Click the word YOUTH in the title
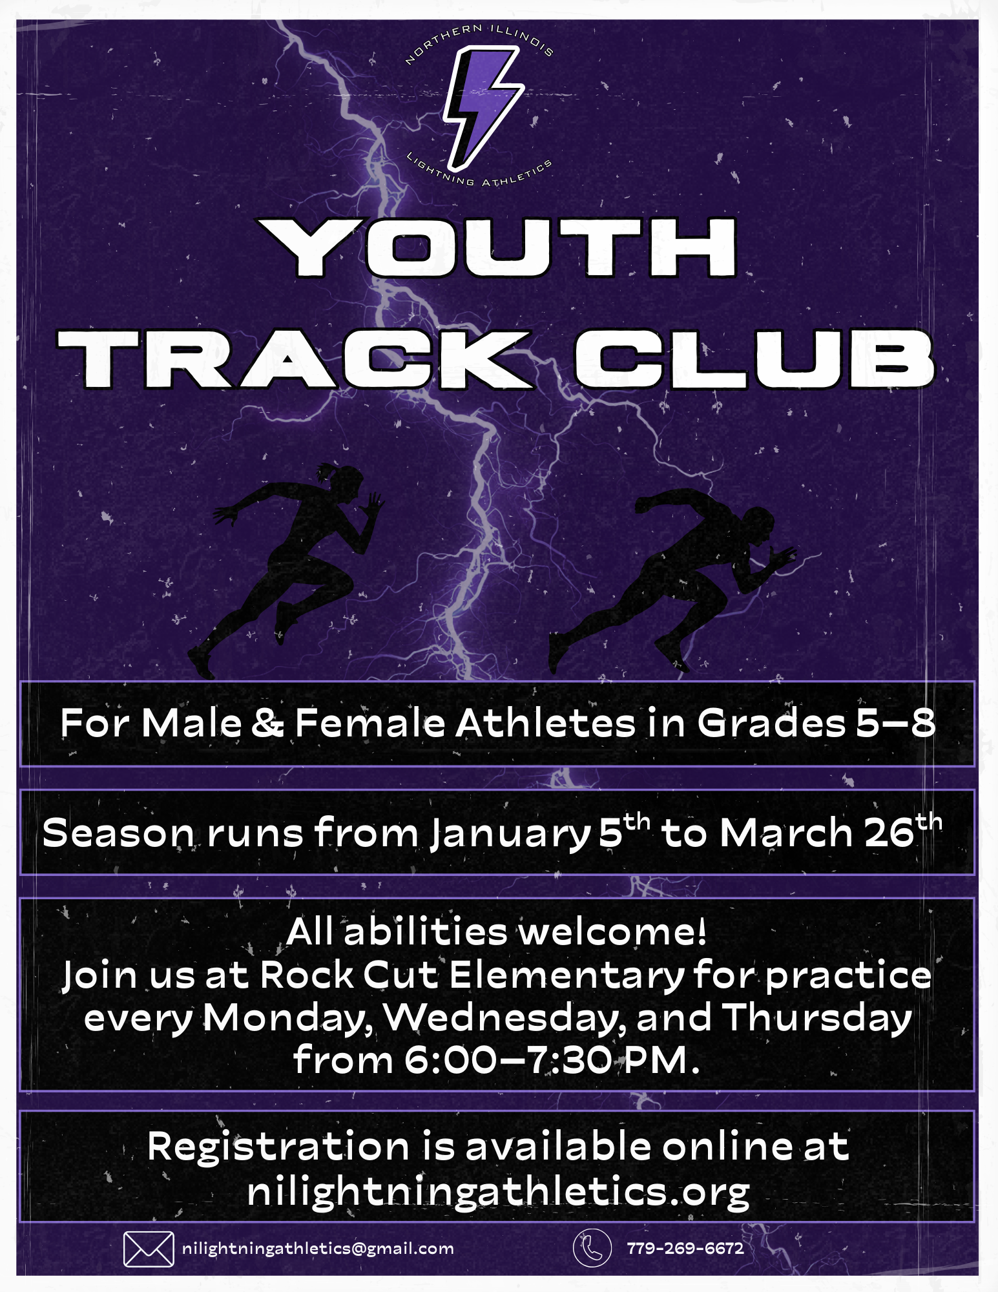point(498,247)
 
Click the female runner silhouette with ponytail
point(288,568)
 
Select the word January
point(511,833)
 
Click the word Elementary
point(567,975)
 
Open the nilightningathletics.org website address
point(498,1192)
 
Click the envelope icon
point(149,1249)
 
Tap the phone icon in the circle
point(592,1247)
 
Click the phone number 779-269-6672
point(685,1248)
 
